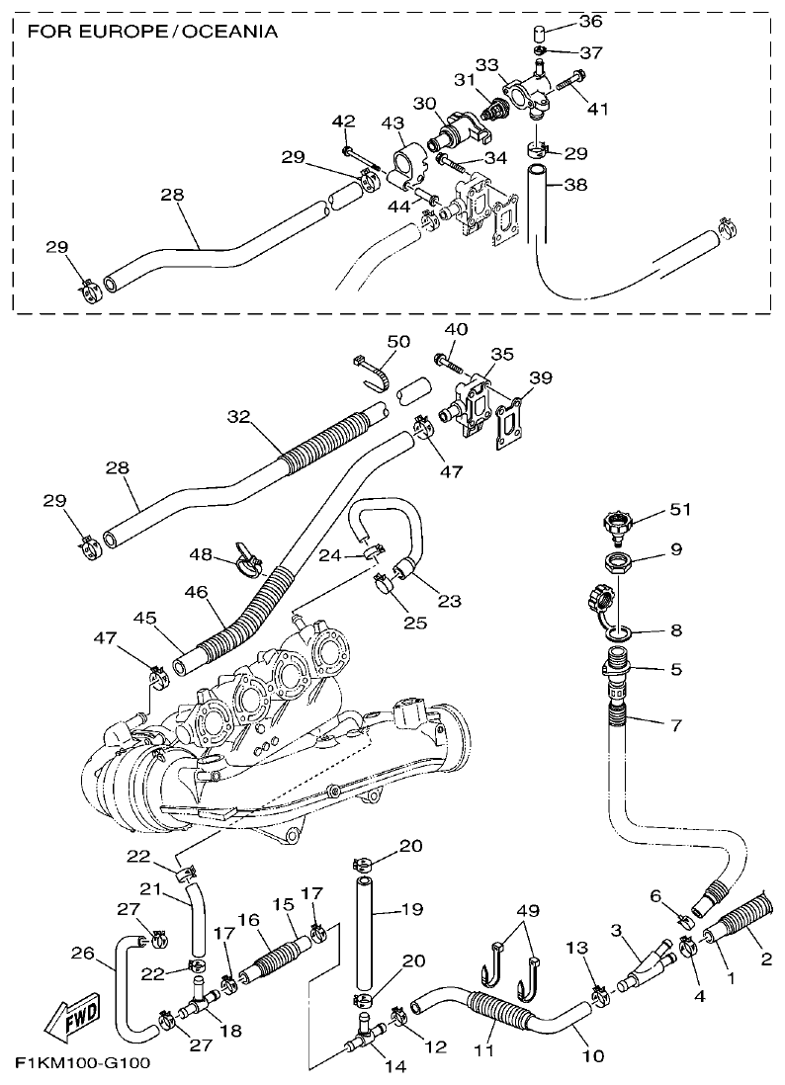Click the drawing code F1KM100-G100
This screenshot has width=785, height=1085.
coord(81,1064)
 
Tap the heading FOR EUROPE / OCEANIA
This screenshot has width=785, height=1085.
coord(152,32)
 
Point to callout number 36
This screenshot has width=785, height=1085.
coord(589,21)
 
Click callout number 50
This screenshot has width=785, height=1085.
coord(397,341)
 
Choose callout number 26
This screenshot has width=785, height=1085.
coord(83,954)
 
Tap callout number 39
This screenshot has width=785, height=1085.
coord(541,377)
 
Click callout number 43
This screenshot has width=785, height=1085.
coord(392,123)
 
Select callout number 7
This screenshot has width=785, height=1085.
coord(675,726)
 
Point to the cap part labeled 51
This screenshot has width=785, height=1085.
coord(619,523)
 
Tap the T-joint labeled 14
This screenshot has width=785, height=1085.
coord(364,1037)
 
